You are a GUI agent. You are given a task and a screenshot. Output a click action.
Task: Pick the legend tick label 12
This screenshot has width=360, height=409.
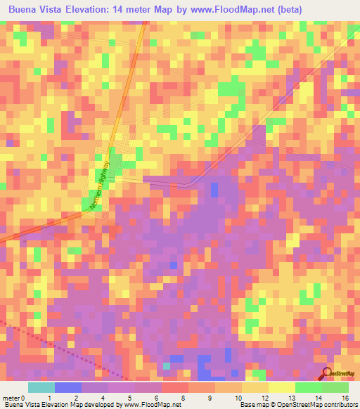[x=264, y=397]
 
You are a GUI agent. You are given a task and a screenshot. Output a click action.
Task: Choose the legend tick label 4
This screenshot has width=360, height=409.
[x=104, y=397]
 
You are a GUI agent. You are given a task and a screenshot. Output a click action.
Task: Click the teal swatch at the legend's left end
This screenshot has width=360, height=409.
[x=41, y=387]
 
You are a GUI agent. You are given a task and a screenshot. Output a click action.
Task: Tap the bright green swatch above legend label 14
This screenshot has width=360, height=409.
[x=308, y=387]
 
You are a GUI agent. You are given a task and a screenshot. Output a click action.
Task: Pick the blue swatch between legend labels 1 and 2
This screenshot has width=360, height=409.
[x=67, y=387]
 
